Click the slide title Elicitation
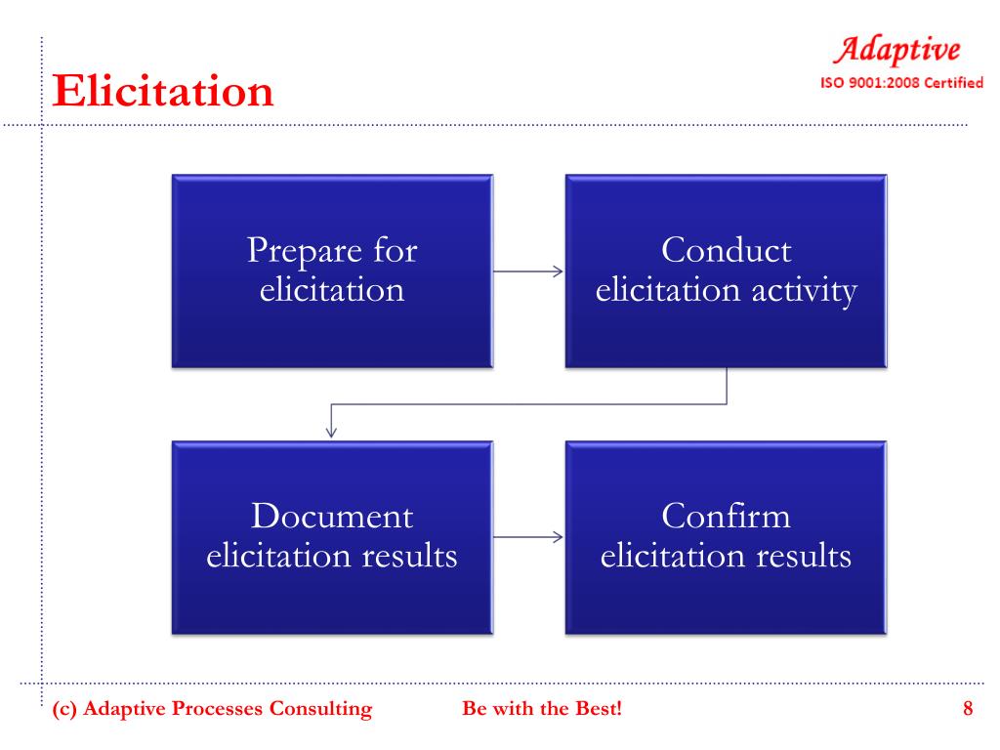pyautogui.click(x=162, y=91)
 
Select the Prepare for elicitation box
pyautogui.click(x=332, y=271)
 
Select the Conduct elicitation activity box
pyautogui.click(x=726, y=271)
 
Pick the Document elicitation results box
pyautogui.click(x=332, y=536)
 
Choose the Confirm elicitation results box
pyautogui.click(x=726, y=536)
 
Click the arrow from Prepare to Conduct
pyautogui.click(x=528, y=271)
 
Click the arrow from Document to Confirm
pyautogui.click(x=528, y=536)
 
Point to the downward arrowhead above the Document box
pyautogui.click(x=332, y=429)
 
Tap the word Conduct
pyautogui.click(x=726, y=251)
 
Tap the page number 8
pyautogui.click(x=968, y=709)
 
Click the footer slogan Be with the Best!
pyautogui.click(x=541, y=709)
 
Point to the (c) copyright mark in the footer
pyautogui.click(x=64, y=709)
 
